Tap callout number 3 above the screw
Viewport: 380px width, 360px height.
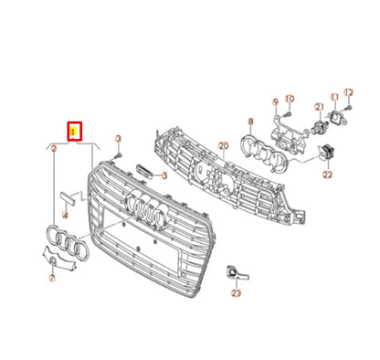click(118, 138)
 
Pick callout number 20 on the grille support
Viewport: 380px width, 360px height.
click(223, 145)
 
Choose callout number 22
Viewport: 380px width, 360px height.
click(326, 174)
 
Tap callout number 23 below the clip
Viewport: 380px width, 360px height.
click(236, 294)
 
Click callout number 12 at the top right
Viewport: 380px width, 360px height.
click(347, 94)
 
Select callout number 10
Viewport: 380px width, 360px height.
click(290, 99)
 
